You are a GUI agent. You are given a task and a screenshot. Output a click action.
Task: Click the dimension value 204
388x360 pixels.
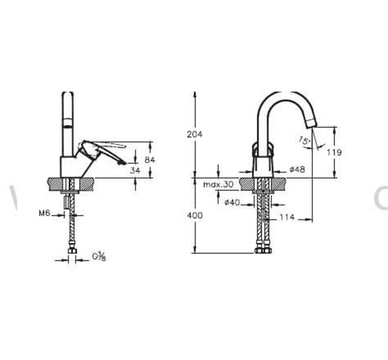point(194,134)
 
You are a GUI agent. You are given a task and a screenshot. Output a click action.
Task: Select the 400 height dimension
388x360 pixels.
point(194,216)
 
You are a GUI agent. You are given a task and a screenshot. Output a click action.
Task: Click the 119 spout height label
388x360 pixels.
point(334,153)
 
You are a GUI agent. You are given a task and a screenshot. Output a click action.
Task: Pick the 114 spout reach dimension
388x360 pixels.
point(288,218)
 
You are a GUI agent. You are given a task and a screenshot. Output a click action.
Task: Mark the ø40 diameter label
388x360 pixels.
point(232,203)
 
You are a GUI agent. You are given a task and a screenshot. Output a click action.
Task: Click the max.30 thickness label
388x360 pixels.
point(218,185)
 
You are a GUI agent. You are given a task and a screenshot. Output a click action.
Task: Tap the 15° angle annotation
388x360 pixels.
point(304,139)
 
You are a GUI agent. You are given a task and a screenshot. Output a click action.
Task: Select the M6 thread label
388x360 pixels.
point(44,212)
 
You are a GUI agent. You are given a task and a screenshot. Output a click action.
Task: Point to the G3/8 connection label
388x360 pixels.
point(99,258)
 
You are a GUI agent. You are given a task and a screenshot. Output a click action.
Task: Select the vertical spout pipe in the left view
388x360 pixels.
point(67,123)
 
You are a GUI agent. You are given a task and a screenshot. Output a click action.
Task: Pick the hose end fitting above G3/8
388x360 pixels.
point(72,249)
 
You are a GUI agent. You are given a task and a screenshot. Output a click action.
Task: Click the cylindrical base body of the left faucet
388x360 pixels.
point(69,166)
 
